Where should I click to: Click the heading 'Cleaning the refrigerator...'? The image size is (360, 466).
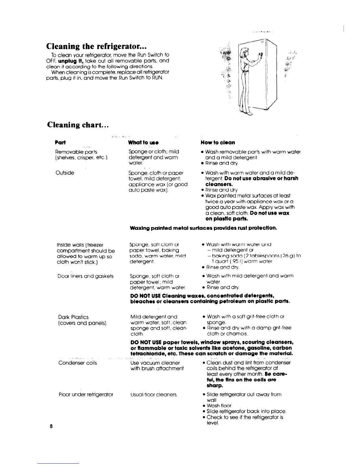(x=96, y=46)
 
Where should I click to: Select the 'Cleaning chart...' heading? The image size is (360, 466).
(x=78, y=125)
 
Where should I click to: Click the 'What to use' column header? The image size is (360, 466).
(x=144, y=142)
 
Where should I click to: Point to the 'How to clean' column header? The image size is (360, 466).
(x=218, y=142)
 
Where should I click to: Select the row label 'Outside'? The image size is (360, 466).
(x=65, y=173)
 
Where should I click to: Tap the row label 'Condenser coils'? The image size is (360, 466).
(x=78, y=363)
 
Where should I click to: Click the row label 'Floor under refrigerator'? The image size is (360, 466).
(x=86, y=394)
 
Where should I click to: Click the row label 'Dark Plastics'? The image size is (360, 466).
(x=74, y=317)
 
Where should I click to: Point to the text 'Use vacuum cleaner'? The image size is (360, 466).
(x=155, y=363)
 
